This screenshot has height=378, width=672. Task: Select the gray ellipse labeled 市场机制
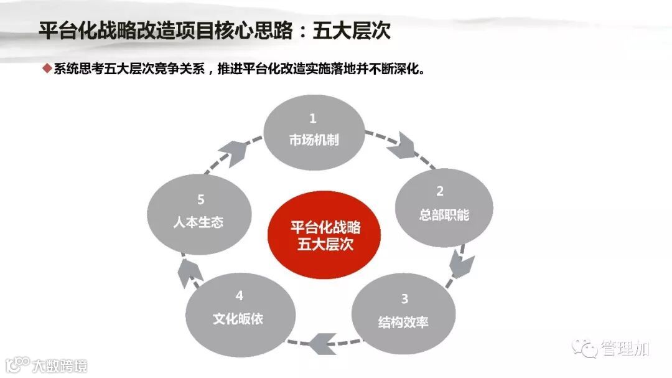313,131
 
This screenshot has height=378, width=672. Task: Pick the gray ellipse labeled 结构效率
403,310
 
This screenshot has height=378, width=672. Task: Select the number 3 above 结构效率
404,299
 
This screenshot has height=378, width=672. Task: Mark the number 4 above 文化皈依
239,295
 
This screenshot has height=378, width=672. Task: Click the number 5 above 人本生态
200,200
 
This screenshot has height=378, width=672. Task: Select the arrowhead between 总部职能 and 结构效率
462,264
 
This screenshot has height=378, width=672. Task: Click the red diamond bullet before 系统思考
46,68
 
